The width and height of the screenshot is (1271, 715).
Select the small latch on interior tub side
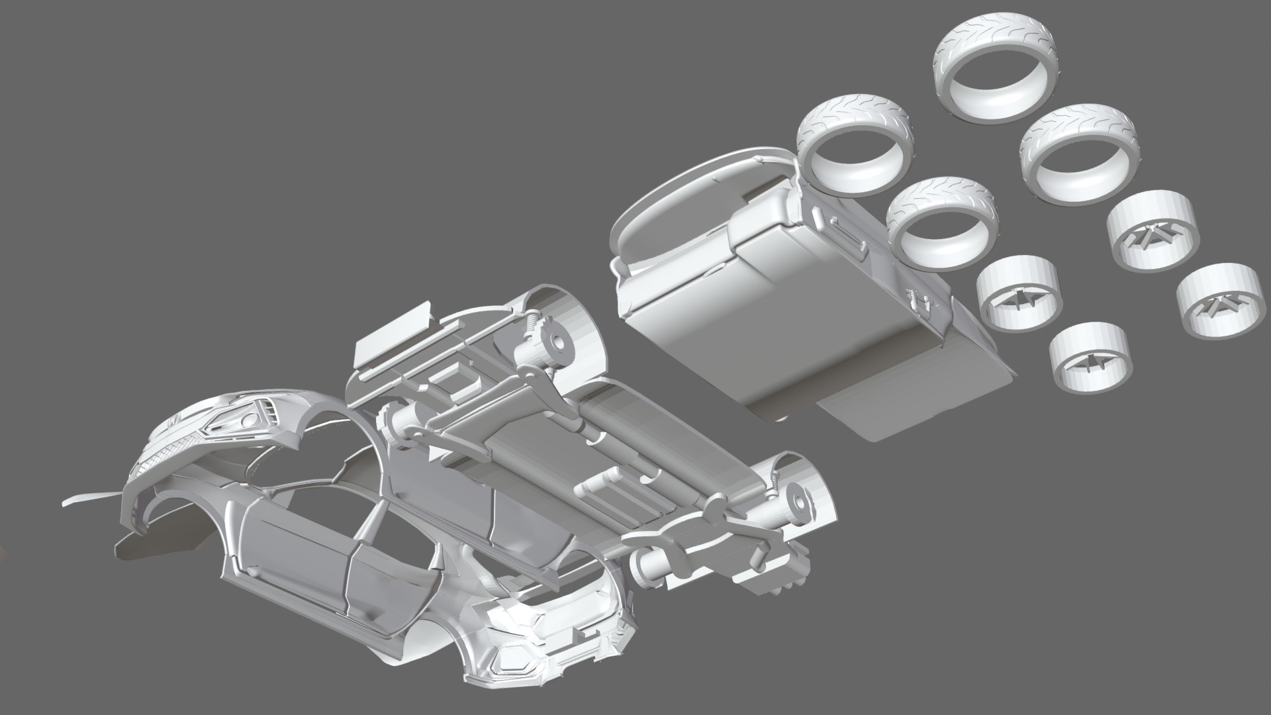[921, 301]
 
